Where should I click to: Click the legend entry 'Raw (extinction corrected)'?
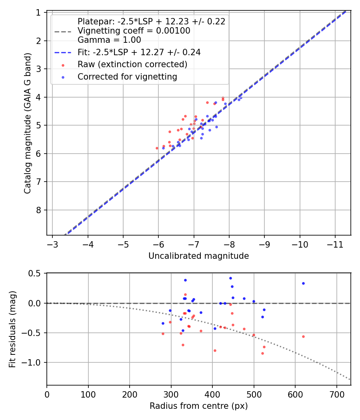pos(132,64)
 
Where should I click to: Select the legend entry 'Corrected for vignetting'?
pos(127,77)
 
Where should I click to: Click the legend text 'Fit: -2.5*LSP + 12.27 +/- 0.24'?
pos(139,52)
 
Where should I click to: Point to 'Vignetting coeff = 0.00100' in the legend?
pos(134,31)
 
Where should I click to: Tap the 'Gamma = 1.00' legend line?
pos(109,40)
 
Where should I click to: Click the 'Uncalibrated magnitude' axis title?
pos(198,256)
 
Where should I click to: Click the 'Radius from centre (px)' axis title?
pos(198,406)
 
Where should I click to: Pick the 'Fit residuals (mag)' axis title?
pos(12,329)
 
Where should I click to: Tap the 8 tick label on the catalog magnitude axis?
pos(39,210)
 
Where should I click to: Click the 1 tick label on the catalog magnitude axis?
pos(39,13)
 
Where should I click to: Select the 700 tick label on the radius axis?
pos(336,394)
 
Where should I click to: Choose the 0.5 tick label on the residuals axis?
pos(36,274)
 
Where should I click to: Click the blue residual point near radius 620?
pos(303,283)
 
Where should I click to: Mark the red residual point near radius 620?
pos(303,336)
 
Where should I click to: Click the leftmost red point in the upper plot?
pos(157,148)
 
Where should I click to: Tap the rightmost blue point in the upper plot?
pos(240,97)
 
